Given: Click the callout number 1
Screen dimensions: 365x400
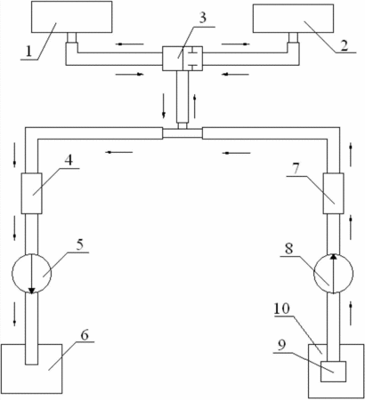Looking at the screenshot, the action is click(28, 52).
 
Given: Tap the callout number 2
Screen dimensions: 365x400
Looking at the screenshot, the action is click(344, 46).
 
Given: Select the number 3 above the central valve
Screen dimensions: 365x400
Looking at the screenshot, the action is click(202, 18).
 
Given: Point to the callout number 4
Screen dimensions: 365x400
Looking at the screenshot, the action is click(69, 160).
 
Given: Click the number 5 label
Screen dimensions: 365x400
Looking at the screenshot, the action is click(79, 245).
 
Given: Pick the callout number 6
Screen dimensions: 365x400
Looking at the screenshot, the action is click(85, 335).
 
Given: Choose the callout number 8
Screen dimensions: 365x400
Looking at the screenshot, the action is click(288, 249).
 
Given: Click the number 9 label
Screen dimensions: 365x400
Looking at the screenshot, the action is click(282, 345).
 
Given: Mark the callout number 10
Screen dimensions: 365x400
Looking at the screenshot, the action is click(282, 308).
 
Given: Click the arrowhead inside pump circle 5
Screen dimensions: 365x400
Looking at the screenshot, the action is click(31, 291).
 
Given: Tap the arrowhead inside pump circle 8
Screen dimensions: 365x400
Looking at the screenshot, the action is click(334, 257).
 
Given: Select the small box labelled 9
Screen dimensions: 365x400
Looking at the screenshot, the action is click(333, 372).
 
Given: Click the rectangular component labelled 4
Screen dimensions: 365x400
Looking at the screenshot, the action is click(31, 193).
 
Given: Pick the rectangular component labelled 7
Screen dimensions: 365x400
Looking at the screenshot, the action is click(334, 193).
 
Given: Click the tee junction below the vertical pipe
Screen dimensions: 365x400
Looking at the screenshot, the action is click(182, 132).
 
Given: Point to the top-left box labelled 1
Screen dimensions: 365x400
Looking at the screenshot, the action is click(71, 17).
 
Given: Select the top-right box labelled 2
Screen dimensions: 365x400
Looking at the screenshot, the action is click(293, 18).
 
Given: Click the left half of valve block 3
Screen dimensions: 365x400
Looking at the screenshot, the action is click(173, 59).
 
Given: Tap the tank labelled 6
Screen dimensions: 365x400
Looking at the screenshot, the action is click(31, 369).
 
